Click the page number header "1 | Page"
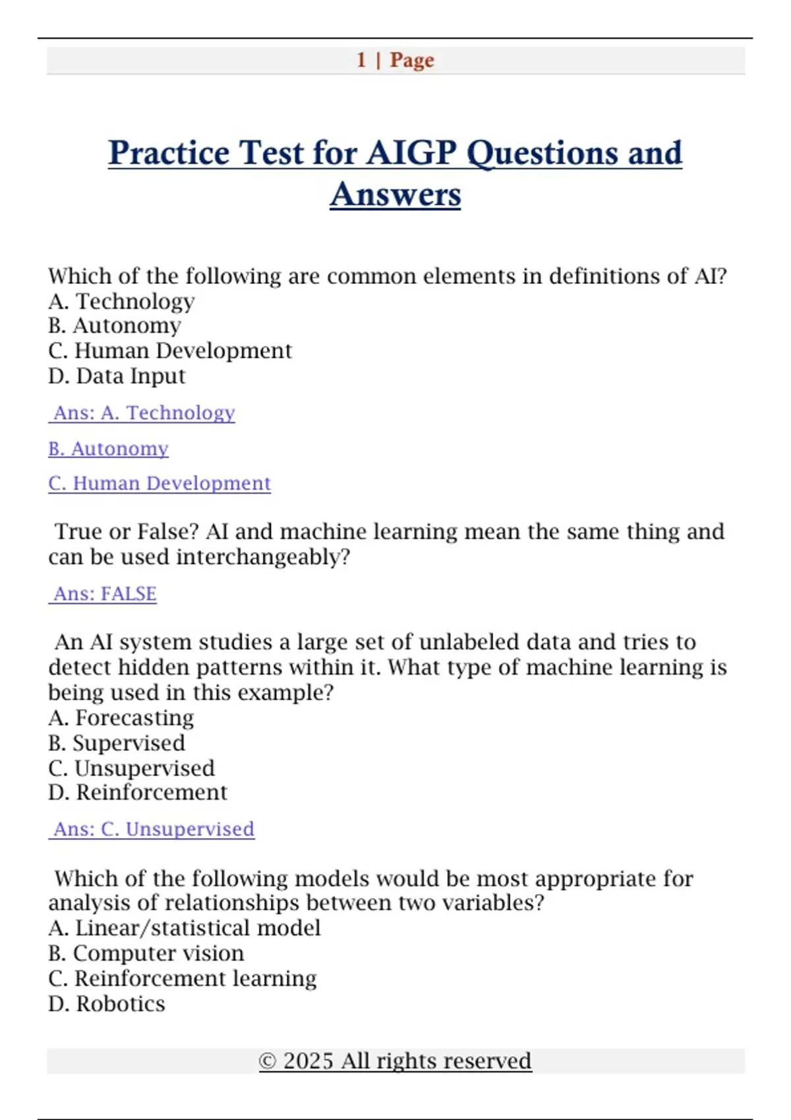395,60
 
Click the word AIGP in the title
411,153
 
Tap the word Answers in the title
395,194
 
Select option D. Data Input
117,376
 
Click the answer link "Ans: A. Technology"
144,413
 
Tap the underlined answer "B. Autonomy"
108,449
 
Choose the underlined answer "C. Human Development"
159,484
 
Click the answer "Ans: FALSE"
105,594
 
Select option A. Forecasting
121,717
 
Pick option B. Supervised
117,743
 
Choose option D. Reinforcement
137,793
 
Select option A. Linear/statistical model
185,928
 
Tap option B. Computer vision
146,953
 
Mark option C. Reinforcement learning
182,979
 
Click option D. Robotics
107,1004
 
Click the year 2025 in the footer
308,1061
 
